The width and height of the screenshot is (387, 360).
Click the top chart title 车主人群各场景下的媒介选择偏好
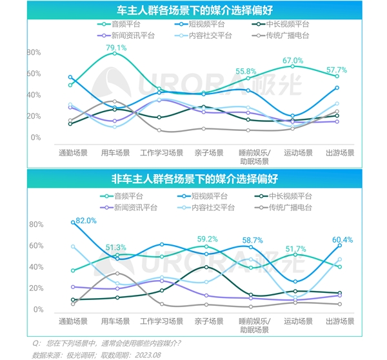click(193, 10)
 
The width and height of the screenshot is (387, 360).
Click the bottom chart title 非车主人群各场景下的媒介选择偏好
click(193, 177)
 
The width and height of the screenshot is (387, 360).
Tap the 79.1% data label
click(116, 48)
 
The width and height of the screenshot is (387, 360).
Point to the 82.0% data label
click(85, 220)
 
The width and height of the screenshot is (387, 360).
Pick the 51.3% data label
click(115, 248)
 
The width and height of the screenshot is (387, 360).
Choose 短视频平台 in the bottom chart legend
click(207, 196)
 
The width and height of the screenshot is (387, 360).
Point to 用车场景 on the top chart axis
click(115, 153)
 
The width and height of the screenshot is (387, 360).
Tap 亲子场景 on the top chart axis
click(207, 153)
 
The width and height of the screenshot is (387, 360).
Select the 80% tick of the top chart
click(35, 52)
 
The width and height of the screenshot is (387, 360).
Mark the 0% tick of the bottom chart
click(37, 310)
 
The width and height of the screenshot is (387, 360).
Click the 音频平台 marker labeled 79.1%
click(115, 54)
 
